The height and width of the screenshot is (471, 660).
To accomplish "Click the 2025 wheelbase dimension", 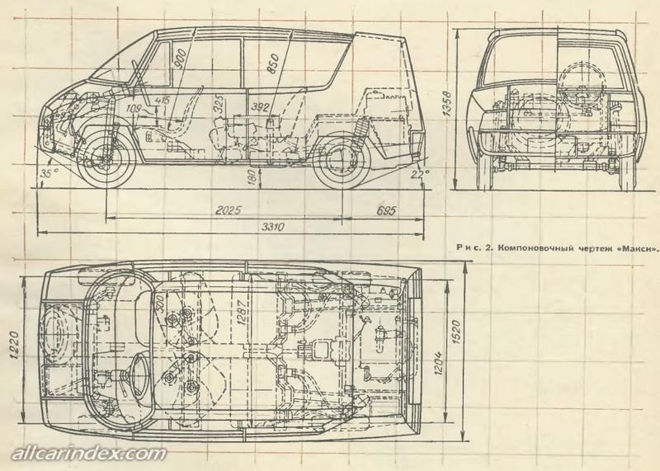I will pos(224,210).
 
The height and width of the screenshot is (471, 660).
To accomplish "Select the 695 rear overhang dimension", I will pos(381,210).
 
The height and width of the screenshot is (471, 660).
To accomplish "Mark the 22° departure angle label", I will pos(422,175).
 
